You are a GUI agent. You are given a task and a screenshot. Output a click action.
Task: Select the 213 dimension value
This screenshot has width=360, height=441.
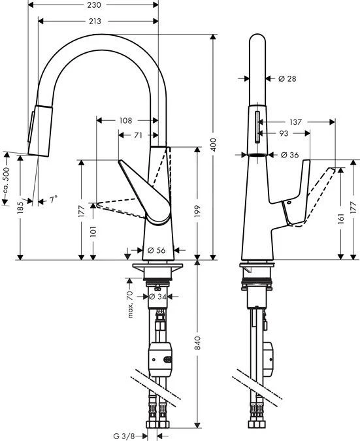click(94, 21)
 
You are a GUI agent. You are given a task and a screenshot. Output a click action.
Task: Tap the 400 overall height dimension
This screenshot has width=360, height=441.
click(213, 145)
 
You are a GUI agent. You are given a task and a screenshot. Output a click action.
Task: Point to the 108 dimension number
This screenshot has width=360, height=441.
click(126, 120)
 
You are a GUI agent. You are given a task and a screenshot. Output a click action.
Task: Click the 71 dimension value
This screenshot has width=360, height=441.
click(139, 135)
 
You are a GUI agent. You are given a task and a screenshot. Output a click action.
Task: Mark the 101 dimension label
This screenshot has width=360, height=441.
click(94, 232)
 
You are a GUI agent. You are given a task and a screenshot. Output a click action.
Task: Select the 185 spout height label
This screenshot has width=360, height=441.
click(20, 208)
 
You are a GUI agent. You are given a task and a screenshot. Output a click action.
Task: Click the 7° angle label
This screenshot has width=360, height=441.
click(52, 200)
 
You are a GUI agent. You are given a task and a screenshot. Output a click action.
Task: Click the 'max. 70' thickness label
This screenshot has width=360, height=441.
click(130, 306)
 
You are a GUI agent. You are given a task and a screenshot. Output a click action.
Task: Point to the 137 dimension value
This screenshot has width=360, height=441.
click(295, 122)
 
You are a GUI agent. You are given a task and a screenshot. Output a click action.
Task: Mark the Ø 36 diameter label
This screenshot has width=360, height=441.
click(290, 155)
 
